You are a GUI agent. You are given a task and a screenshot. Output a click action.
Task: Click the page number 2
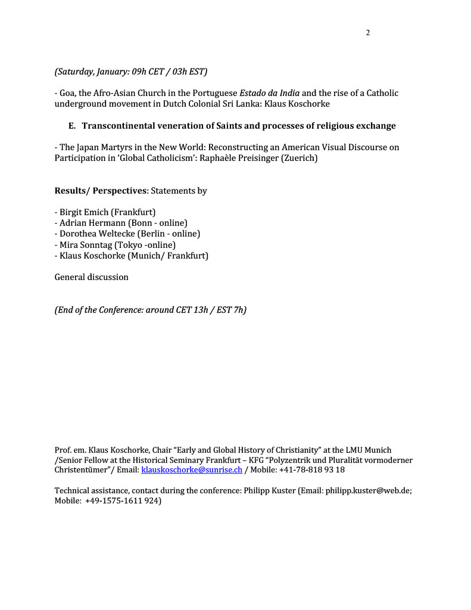pyautogui.click(x=367, y=33)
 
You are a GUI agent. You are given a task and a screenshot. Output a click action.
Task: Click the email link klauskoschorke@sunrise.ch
pyautogui.click(x=191, y=469)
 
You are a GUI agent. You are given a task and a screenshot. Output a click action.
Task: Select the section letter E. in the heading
pyautogui.click(x=73, y=126)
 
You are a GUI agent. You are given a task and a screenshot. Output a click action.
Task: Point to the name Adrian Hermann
pyautogui.click(x=87, y=223)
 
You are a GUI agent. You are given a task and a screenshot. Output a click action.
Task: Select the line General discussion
pyautogui.click(x=91, y=277)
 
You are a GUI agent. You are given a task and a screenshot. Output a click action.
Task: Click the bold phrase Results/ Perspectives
pyautogui.click(x=101, y=191)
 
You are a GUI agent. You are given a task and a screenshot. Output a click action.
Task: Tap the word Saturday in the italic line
pyautogui.click(x=74, y=71)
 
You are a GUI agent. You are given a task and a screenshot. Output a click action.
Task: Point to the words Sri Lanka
pyautogui.click(x=240, y=104)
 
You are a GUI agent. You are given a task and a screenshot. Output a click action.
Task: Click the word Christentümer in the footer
pyautogui.click(x=82, y=469)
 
